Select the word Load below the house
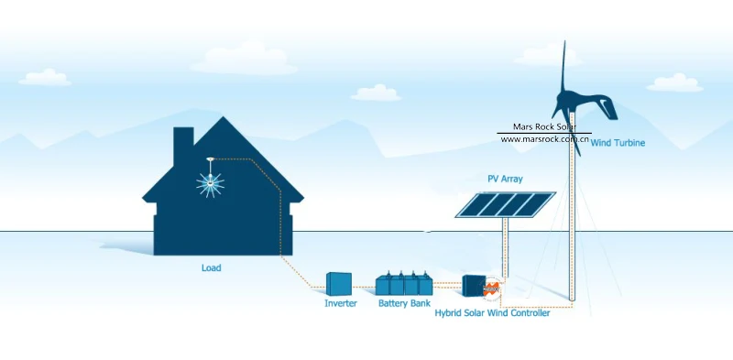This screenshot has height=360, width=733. click(x=212, y=268)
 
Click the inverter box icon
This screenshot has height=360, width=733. click(x=338, y=284)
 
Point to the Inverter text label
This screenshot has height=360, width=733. click(x=341, y=303)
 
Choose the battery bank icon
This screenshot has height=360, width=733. click(x=404, y=283)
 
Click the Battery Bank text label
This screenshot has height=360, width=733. click(x=404, y=303)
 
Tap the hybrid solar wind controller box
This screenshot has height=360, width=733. click(x=474, y=285)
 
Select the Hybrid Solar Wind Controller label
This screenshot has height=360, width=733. click(x=492, y=313)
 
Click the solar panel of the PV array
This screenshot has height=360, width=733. click(x=506, y=204)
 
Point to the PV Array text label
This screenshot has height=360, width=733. click(x=505, y=179)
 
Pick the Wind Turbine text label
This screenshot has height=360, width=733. click(x=618, y=143)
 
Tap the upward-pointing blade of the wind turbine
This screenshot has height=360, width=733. click(x=563, y=65)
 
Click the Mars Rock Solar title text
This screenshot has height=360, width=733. click(x=544, y=126)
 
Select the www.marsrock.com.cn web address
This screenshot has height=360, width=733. click(x=544, y=139)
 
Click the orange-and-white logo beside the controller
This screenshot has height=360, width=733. click(x=492, y=288)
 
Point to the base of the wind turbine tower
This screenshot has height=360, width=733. click(x=572, y=298)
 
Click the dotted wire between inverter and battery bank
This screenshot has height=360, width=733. click(x=363, y=287)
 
